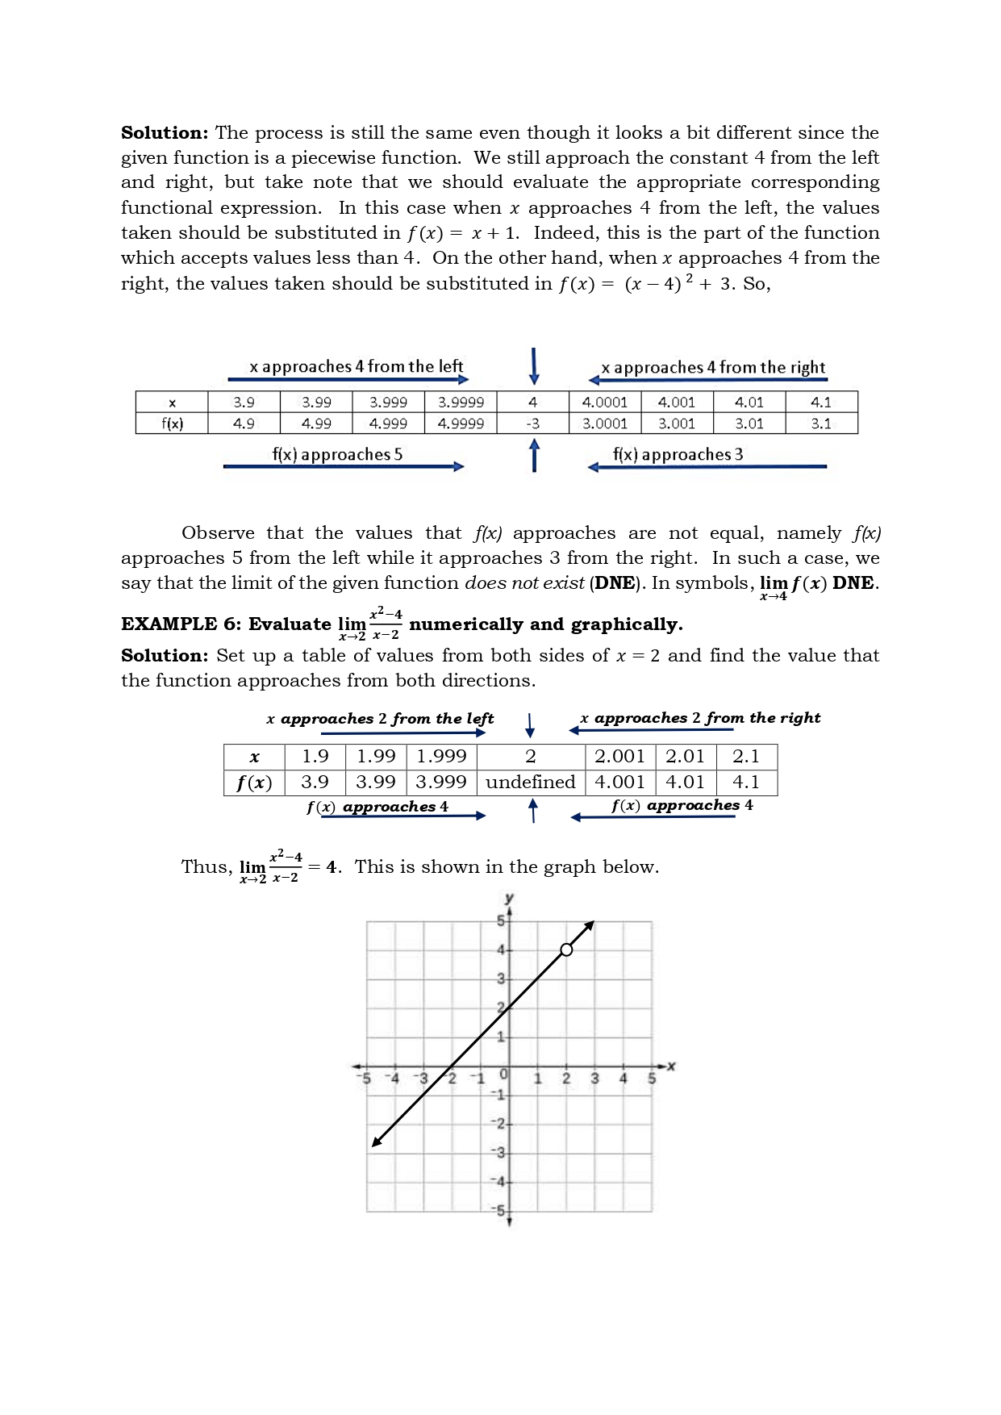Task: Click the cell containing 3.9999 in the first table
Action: [461, 402]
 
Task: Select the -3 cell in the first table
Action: [532, 424]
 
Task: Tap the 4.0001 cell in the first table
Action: [605, 402]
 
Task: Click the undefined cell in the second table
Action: [530, 782]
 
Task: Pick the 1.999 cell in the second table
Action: [441, 756]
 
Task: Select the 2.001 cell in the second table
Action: [619, 756]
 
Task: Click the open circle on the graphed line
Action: [566, 950]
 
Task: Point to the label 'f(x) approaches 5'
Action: [337, 454]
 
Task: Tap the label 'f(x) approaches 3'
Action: [678, 454]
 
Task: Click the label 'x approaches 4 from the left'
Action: [357, 366]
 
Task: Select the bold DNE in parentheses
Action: [615, 583]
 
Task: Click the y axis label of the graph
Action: [509, 898]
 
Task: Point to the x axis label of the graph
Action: [671, 1066]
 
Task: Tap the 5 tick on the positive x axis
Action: [651, 1079]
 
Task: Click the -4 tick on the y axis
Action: [499, 1182]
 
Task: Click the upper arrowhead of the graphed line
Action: [590, 925]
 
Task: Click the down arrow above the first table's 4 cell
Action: [533, 367]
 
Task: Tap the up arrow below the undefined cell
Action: [532, 810]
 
